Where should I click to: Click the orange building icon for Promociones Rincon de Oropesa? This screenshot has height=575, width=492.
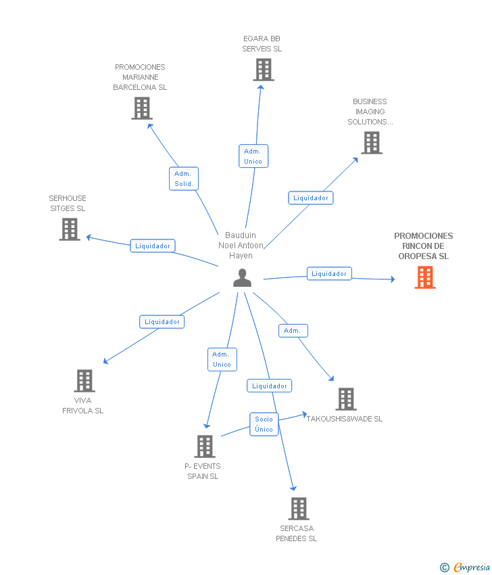click(x=425, y=277)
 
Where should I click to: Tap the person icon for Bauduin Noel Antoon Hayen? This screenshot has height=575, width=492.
click(x=242, y=277)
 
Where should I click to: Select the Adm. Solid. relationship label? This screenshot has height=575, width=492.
click(x=184, y=179)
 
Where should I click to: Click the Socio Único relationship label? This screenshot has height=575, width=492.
click(x=264, y=424)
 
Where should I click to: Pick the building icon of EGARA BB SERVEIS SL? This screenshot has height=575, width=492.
click(x=264, y=70)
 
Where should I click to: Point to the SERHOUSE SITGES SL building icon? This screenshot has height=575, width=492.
click(x=70, y=229)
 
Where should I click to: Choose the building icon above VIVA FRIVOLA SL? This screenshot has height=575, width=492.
click(x=84, y=381)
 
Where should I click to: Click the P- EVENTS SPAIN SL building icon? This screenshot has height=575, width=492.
click(x=205, y=446)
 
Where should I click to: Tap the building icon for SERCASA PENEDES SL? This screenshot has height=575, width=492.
click(x=299, y=508)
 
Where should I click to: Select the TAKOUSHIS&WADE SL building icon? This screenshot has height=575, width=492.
click(x=346, y=399)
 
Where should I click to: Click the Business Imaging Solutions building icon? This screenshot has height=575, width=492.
click(x=372, y=143)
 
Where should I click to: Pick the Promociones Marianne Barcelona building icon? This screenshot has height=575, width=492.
click(x=142, y=108)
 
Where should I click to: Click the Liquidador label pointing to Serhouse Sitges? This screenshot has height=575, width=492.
click(x=153, y=246)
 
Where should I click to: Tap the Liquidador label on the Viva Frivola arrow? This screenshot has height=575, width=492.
click(x=162, y=321)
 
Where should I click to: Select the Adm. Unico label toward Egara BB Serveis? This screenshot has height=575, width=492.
click(x=253, y=156)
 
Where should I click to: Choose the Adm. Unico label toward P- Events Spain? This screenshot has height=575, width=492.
click(x=222, y=359)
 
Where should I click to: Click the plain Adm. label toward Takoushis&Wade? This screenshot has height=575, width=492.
click(x=293, y=330)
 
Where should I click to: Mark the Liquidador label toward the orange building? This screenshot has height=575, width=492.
click(x=329, y=273)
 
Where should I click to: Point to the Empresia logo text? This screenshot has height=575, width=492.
click(x=472, y=567)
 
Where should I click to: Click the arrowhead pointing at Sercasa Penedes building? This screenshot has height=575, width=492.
click(x=293, y=488)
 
